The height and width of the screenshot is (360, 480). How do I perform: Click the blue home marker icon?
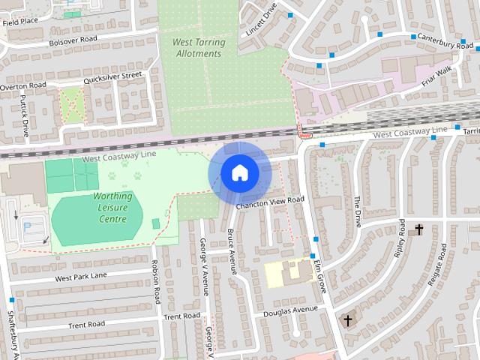(239, 173)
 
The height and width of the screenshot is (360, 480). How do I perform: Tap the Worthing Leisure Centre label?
(112, 207)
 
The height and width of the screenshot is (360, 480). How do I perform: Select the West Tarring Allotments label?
(199, 47)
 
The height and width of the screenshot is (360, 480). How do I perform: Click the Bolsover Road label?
(73, 39)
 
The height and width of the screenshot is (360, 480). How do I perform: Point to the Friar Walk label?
(435, 76)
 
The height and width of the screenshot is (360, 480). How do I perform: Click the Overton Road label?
(22, 85)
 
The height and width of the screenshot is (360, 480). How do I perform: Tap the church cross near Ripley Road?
(418, 229)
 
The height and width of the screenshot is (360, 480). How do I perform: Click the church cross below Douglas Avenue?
(347, 320)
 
